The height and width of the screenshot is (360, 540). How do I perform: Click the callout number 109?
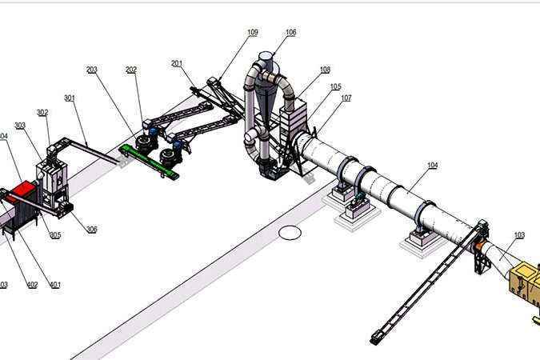tap(252, 32)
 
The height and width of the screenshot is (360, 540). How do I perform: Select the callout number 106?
tap(290, 32)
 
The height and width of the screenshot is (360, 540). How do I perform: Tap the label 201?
tap(177, 63)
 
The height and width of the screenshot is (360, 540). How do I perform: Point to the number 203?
tap(92, 70)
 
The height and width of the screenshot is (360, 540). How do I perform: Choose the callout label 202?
tap(131, 70)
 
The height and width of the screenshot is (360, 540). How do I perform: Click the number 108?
tap(325, 70)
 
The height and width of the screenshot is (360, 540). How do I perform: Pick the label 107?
tap(346, 98)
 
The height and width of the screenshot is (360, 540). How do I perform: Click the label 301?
tap(70, 98)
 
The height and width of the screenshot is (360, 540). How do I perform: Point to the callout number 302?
tap(42, 112)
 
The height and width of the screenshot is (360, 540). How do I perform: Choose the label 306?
tap(92, 230)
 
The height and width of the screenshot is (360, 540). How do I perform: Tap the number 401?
tap(54, 284)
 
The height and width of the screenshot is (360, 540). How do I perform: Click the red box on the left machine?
tap(24, 190)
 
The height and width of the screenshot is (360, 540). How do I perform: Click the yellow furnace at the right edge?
tap(526, 281)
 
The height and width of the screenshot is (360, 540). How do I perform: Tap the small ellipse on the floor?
tap(290, 233)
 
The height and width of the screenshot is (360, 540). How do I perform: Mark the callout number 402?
tap(33, 284)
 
